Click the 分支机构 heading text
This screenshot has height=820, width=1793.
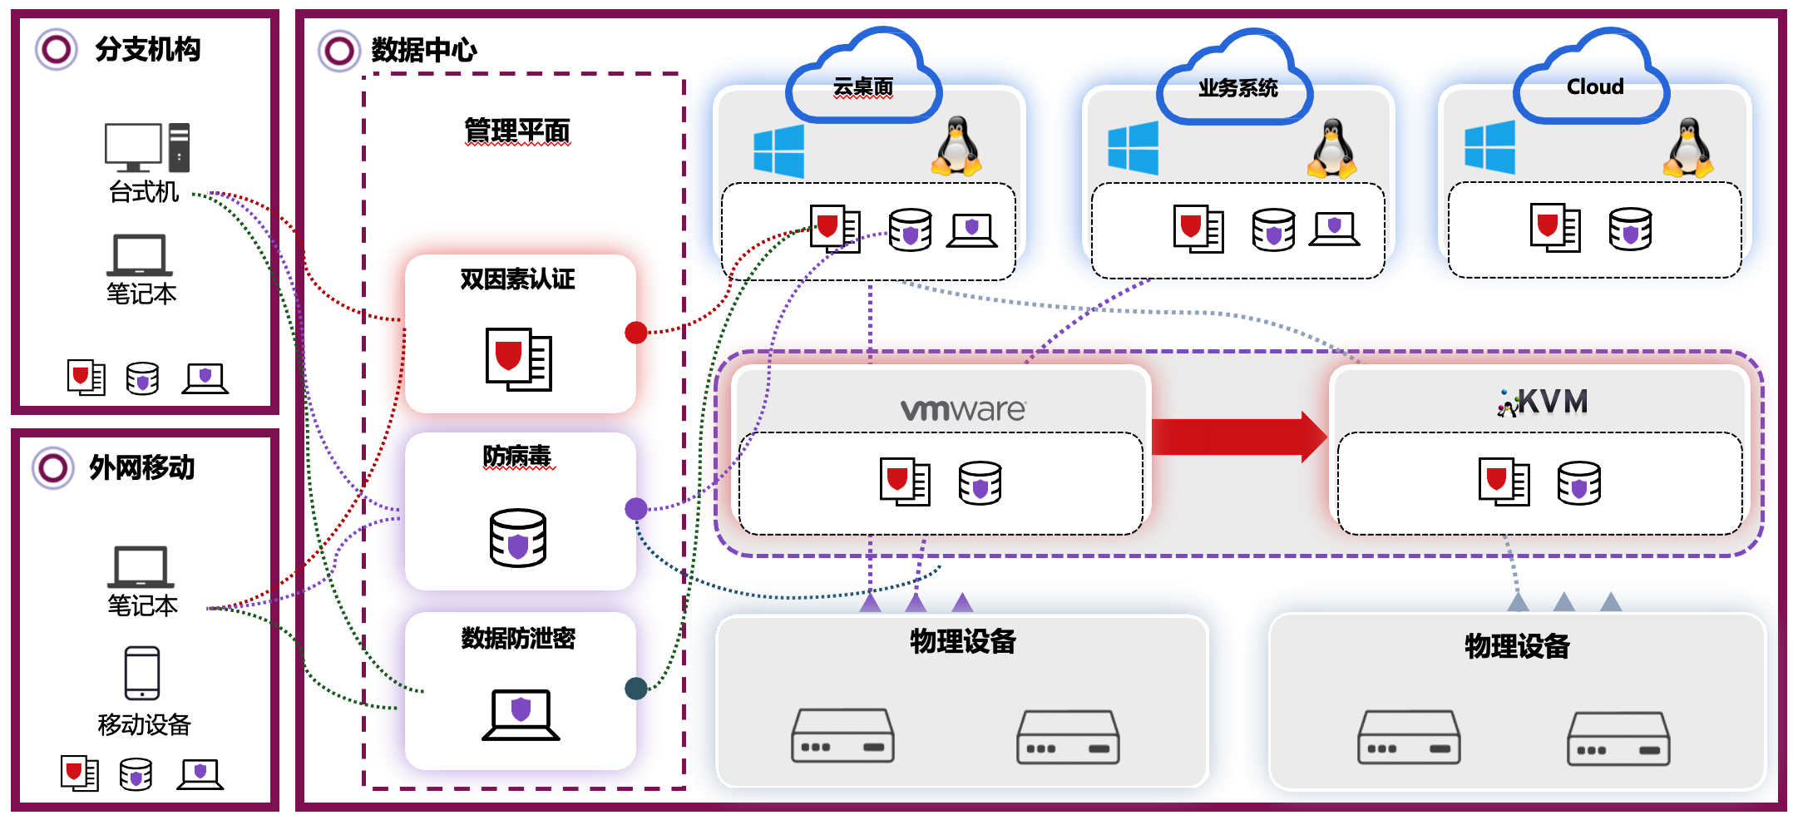click(x=148, y=50)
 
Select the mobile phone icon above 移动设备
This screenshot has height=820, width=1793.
click(x=142, y=673)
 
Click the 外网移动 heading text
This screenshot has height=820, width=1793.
click(x=142, y=468)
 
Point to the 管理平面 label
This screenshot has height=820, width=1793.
click(x=517, y=131)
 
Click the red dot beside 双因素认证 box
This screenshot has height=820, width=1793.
click(x=636, y=333)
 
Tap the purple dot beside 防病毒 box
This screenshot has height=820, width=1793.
click(x=636, y=509)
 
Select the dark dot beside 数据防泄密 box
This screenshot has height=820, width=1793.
click(x=636, y=689)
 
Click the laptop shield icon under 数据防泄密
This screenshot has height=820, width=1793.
click(x=521, y=714)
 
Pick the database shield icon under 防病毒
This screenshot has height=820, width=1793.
click(x=518, y=538)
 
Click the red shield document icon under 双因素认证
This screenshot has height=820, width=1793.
click(x=518, y=359)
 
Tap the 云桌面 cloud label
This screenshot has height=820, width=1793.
click(x=863, y=87)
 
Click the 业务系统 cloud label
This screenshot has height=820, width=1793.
click(x=1237, y=88)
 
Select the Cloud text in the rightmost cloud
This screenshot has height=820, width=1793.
click(x=1594, y=86)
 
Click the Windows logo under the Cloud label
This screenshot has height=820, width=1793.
click(x=1489, y=147)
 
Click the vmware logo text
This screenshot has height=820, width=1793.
click(x=963, y=409)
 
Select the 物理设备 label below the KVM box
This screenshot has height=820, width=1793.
click(x=1517, y=646)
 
